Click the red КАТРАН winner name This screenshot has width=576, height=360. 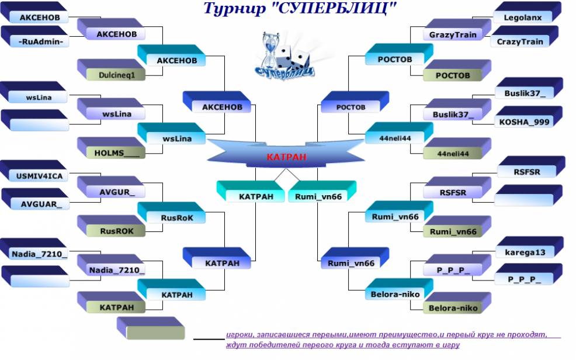[286, 157]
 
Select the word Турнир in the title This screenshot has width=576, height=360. [234, 9]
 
